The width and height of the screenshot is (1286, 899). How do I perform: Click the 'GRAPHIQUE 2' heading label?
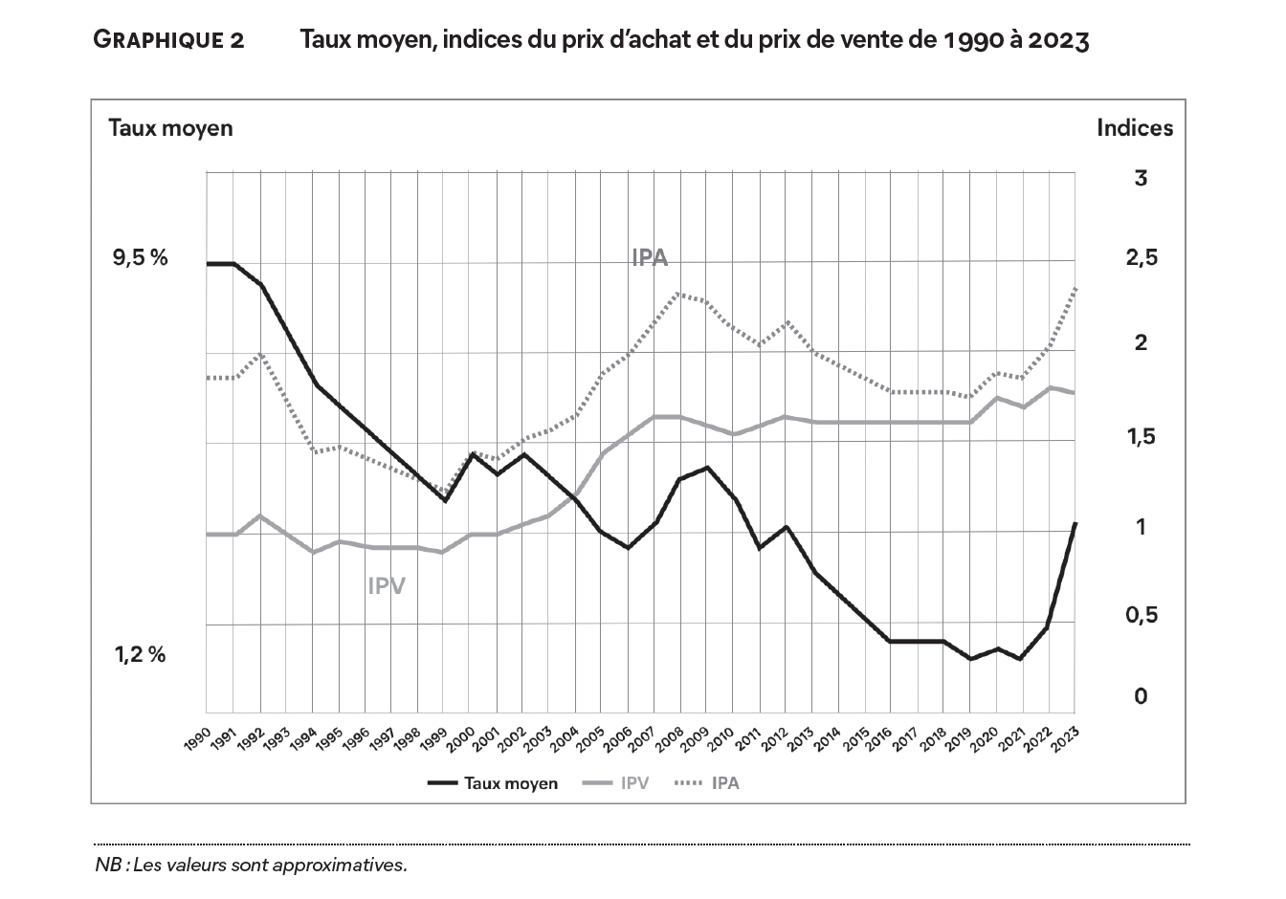click(x=168, y=40)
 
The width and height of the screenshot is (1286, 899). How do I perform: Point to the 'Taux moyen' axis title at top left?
click(x=170, y=128)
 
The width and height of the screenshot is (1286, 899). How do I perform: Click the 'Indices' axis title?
click(x=1135, y=128)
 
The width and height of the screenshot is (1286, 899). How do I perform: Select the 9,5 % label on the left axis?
click(x=141, y=257)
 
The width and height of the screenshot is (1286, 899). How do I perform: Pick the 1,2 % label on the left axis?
click(x=141, y=655)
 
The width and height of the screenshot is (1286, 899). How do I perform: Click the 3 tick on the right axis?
click(x=1140, y=178)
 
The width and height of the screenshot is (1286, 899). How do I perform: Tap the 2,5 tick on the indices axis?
click(x=1140, y=257)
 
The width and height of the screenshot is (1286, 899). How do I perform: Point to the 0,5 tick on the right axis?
click(x=1140, y=615)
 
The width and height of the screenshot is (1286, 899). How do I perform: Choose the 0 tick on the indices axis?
click(x=1140, y=696)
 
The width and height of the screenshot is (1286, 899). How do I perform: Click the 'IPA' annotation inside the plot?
click(x=650, y=257)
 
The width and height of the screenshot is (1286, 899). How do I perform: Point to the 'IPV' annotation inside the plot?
click(x=387, y=585)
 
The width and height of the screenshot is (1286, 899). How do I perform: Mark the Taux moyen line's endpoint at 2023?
click(x=1075, y=524)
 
